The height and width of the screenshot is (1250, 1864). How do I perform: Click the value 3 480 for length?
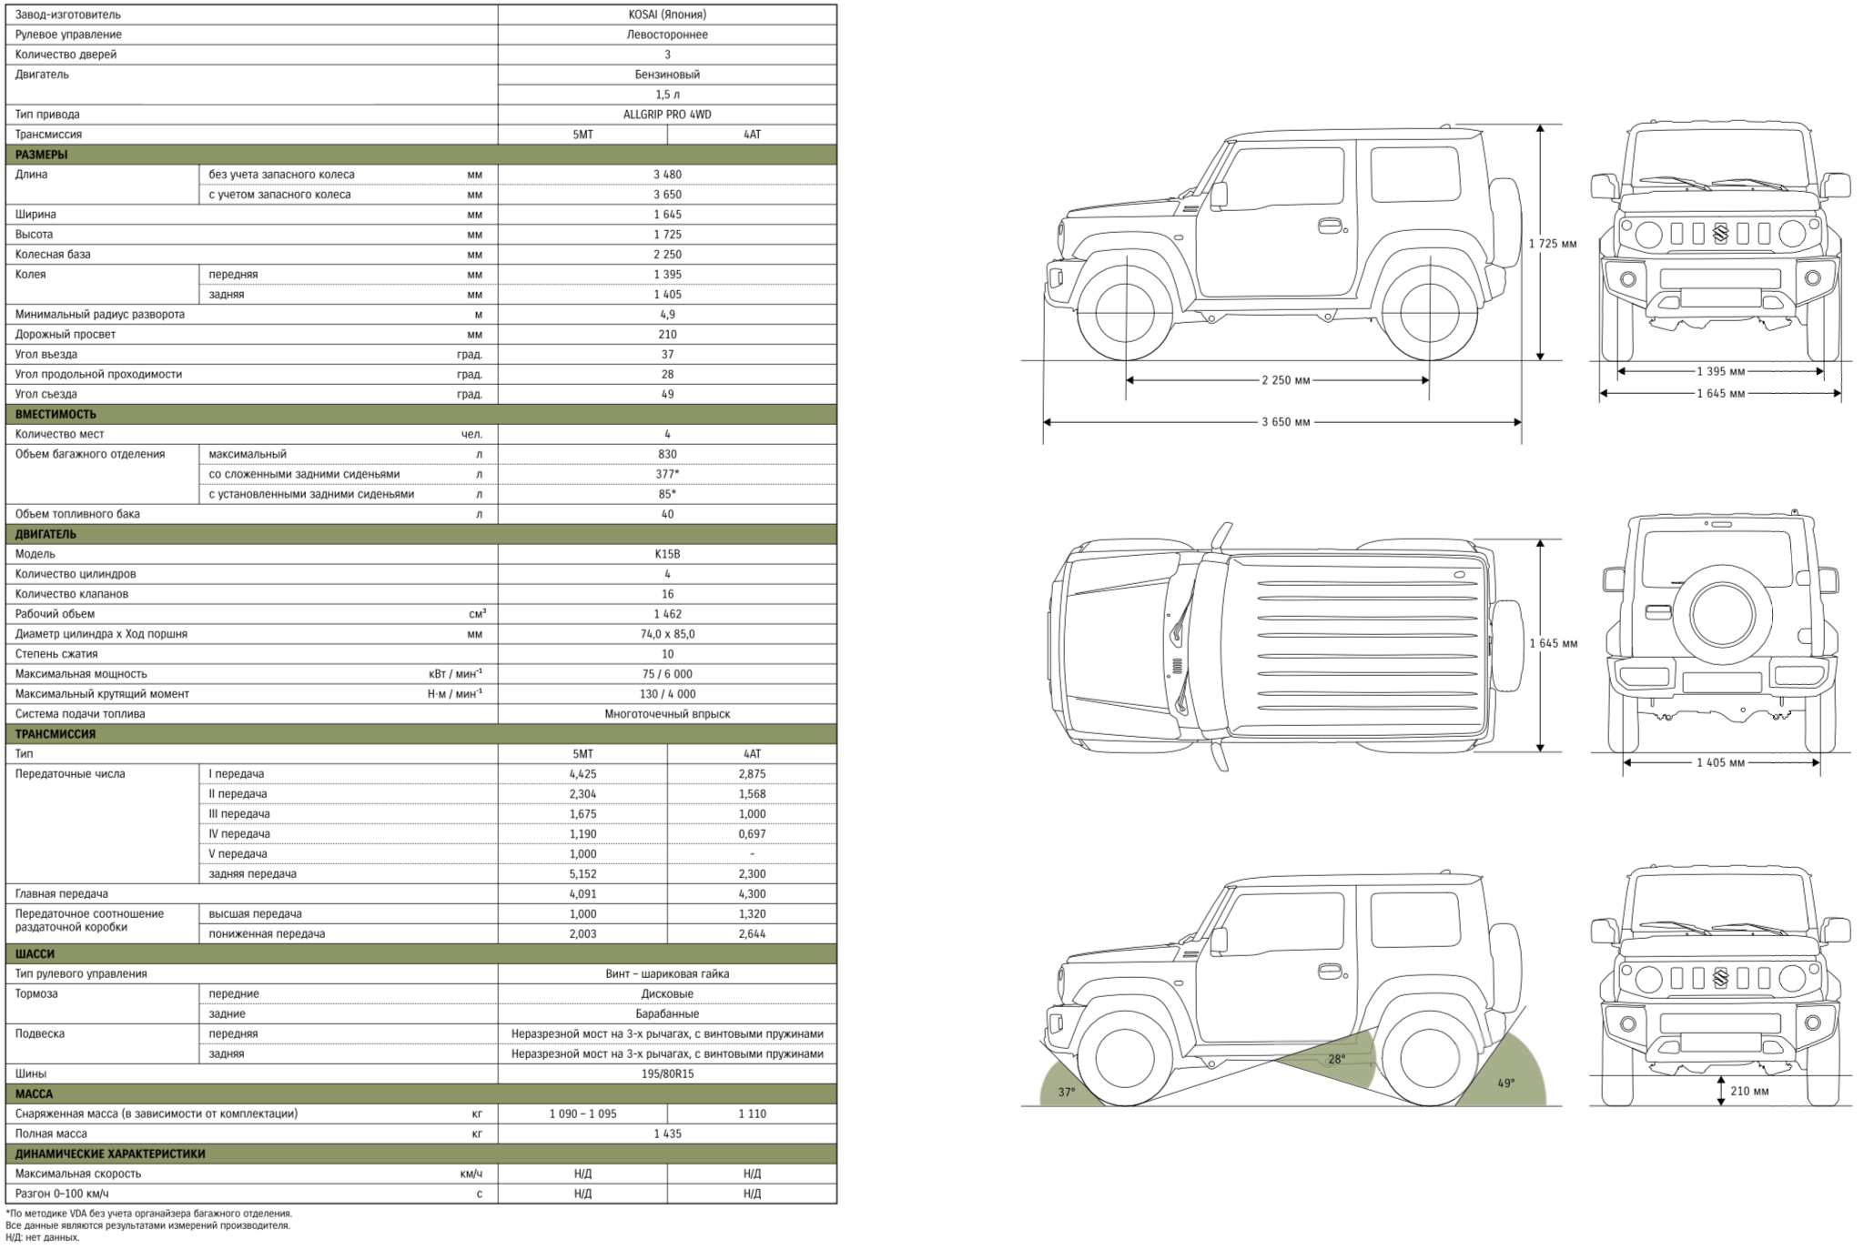click(667, 175)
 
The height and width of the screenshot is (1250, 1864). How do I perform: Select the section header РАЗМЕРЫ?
click(41, 155)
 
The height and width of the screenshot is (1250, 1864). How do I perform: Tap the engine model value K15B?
click(667, 554)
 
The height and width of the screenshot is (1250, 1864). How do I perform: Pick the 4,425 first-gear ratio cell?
click(582, 774)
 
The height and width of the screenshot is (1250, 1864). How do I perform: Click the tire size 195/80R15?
click(667, 1074)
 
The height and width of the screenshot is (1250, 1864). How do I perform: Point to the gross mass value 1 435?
click(667, 1134)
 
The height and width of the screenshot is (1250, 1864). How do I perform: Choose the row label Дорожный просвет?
click(66, 335)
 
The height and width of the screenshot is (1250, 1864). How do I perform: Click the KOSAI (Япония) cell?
click(667, 15)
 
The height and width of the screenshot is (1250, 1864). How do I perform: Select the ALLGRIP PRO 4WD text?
click(667, 115)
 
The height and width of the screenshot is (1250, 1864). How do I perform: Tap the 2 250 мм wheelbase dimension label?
click(1285, 380)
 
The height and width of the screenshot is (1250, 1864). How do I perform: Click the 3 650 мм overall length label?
click(1285, 422)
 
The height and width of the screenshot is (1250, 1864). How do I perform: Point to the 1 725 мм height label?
click(1553, 244)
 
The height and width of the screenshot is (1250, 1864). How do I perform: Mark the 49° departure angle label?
click(1506, 1084)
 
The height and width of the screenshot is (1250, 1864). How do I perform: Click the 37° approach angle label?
click(1067, 1092)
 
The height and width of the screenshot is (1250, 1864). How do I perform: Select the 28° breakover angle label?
click(1336, 1059)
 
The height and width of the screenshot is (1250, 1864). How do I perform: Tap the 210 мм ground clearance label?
click(1749, 1091)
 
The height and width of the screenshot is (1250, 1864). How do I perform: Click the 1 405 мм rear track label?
click(1720, 762)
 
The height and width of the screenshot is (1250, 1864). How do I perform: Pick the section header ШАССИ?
click(35, 954)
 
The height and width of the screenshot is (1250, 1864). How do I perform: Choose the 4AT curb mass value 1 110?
click(752, 1114)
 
